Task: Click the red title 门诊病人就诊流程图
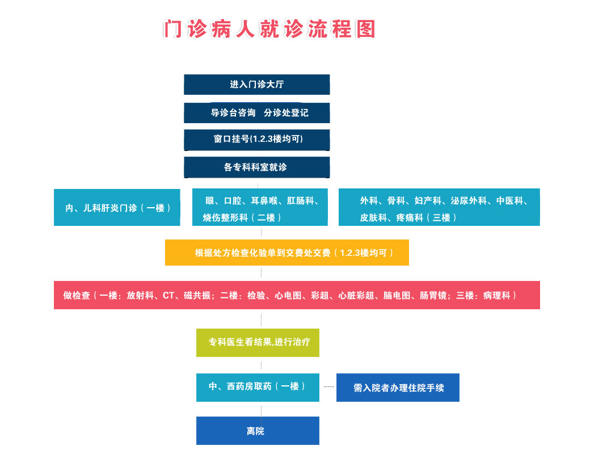pos(269,29)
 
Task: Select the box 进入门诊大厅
pos(256,85)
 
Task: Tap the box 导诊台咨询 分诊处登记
pos(256,112)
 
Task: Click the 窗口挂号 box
pos(256,140)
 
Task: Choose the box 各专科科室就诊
pos(256,167)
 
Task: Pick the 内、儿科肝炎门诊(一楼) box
pos(117,208)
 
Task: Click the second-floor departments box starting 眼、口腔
pos(260,208)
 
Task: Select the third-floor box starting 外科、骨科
pos(439,208)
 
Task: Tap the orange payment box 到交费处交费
pos(286,253)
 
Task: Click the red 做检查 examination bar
pos(297,295)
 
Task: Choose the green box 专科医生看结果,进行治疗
pos(258,342)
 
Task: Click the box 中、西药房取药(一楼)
pos(258,386)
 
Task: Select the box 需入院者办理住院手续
pos(398,388)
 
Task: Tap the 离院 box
pos(258,431)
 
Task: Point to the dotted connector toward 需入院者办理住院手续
pos(328,386)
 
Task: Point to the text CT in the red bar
pos(168,295)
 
